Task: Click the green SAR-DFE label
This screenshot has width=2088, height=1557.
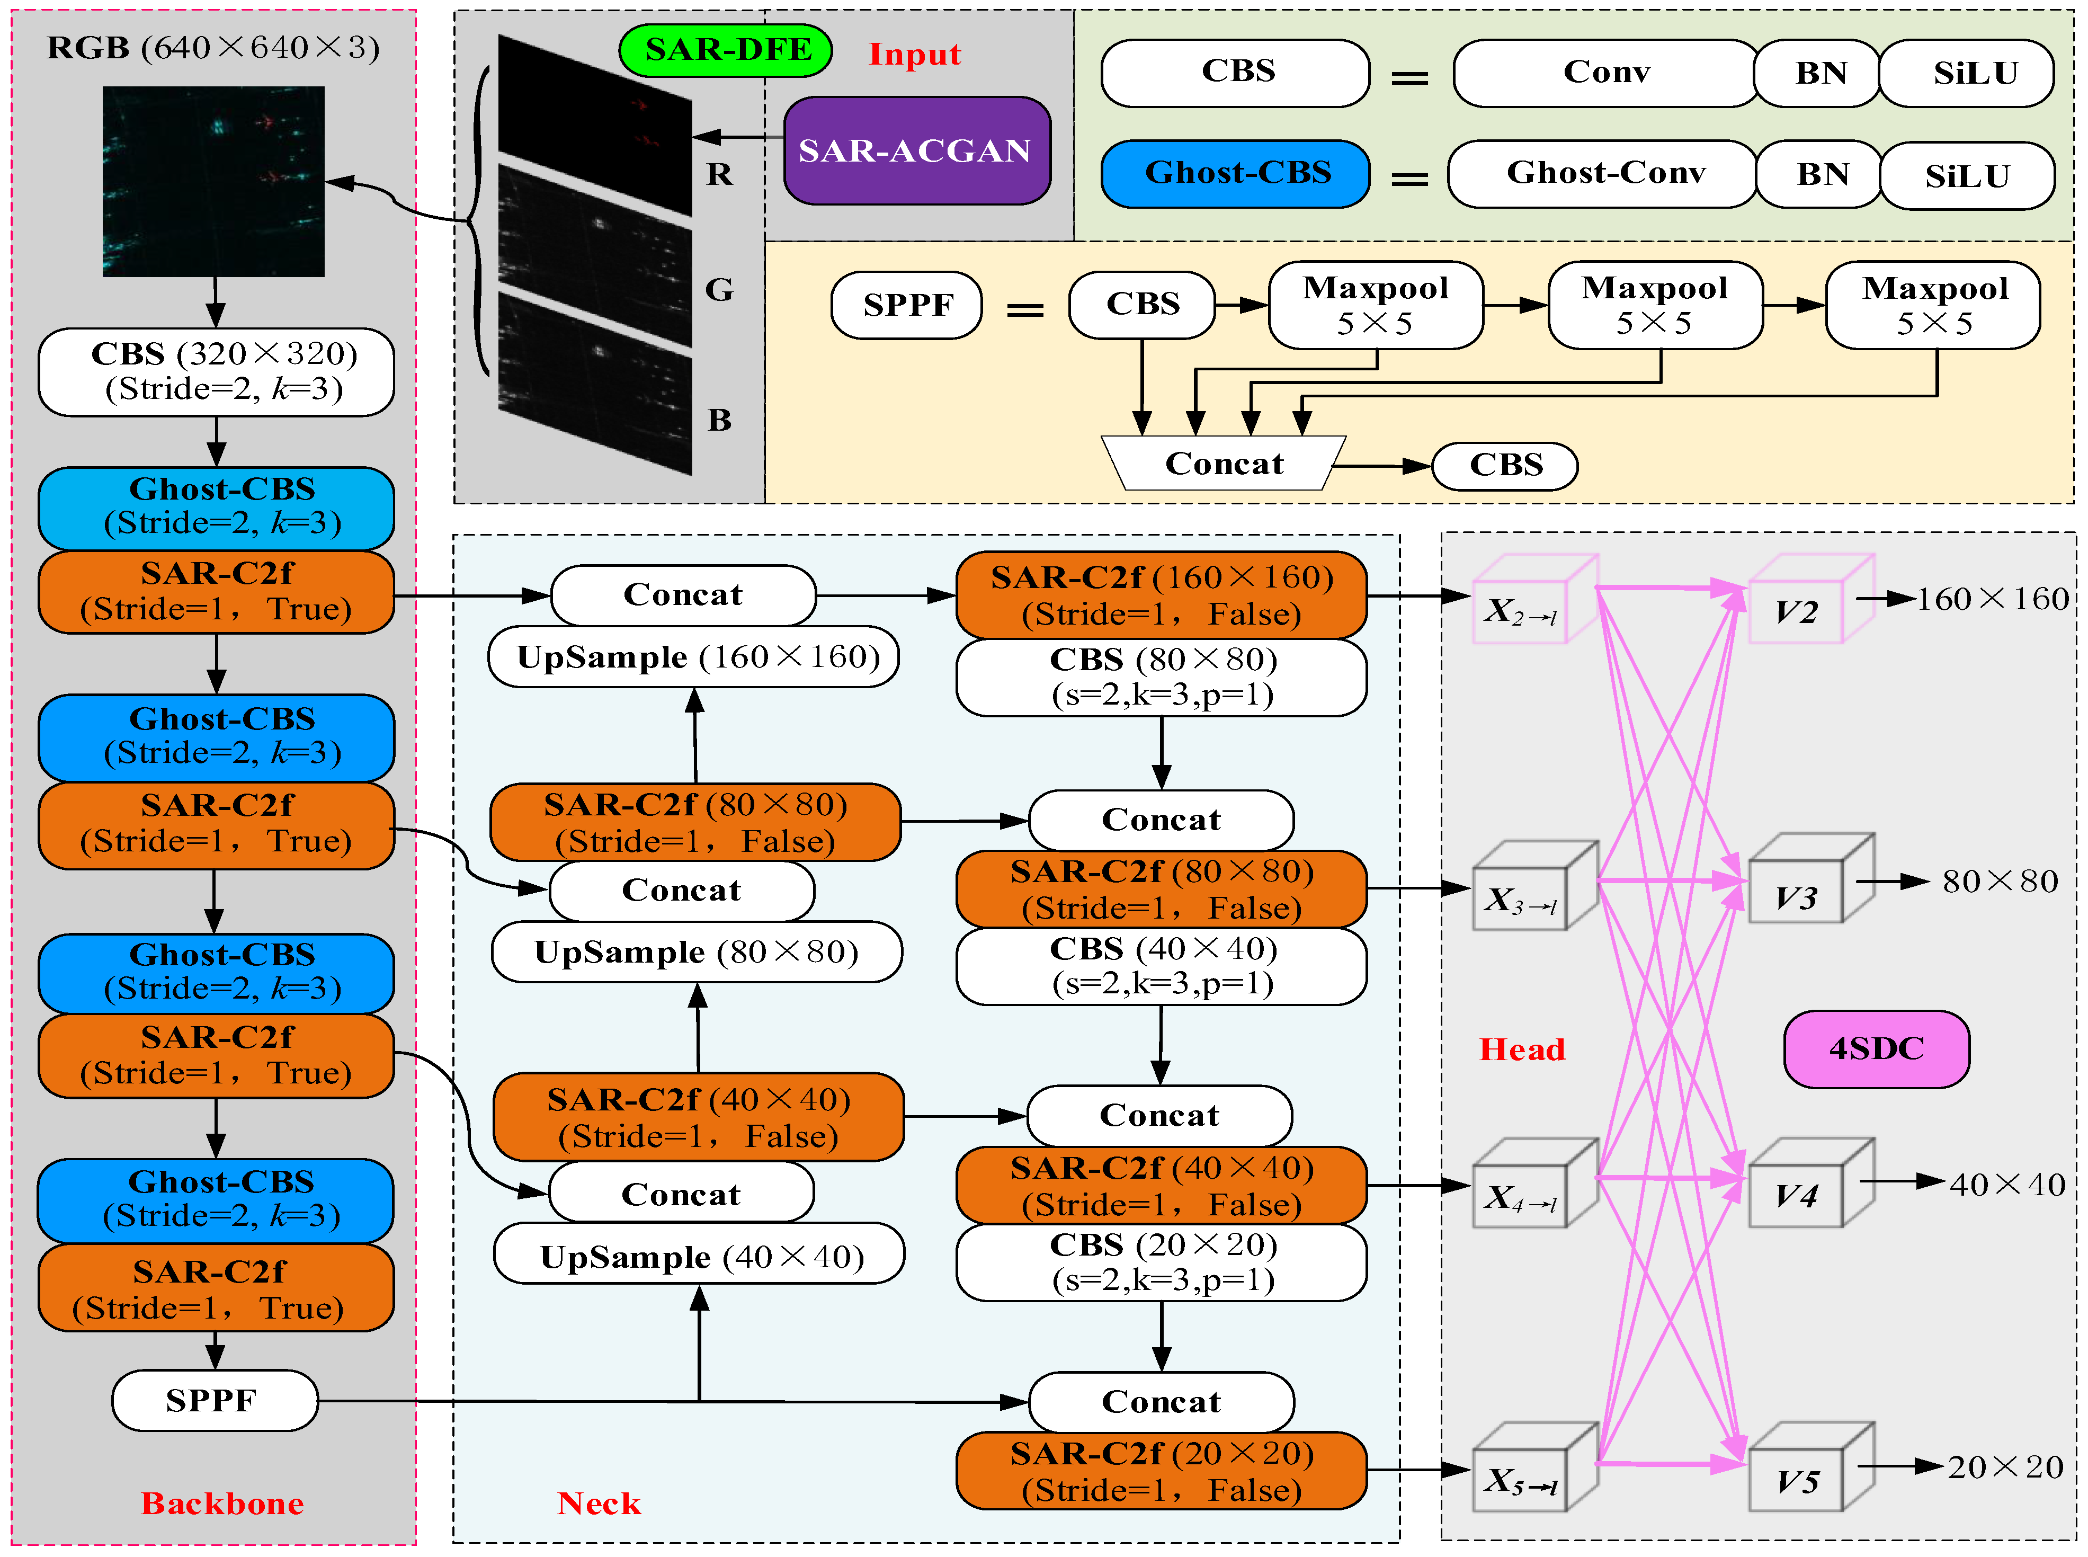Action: click(726, 50)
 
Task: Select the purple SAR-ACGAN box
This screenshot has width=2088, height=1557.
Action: click(916, 151)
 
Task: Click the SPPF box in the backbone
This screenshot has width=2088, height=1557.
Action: click(214, 1401)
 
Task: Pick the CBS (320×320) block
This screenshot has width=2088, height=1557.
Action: click(217, 371)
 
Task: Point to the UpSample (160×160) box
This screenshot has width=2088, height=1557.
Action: click(693, 657)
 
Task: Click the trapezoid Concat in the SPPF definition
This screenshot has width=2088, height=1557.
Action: click(1223, 464)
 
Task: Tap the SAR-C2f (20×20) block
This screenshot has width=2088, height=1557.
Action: click(1161, 1471)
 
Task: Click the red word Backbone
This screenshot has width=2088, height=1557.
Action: click(222, 1503)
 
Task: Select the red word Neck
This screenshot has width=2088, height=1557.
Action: click(599, 1503)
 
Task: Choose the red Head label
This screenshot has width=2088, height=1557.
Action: click(1522, 1049)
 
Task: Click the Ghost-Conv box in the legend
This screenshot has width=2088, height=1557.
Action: click(1604, 173)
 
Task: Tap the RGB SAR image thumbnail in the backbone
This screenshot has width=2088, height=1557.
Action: click(214, 182)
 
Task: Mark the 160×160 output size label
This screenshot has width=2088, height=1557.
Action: click(1992, 599)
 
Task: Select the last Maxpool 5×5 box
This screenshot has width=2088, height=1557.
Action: click(1933, 305)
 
